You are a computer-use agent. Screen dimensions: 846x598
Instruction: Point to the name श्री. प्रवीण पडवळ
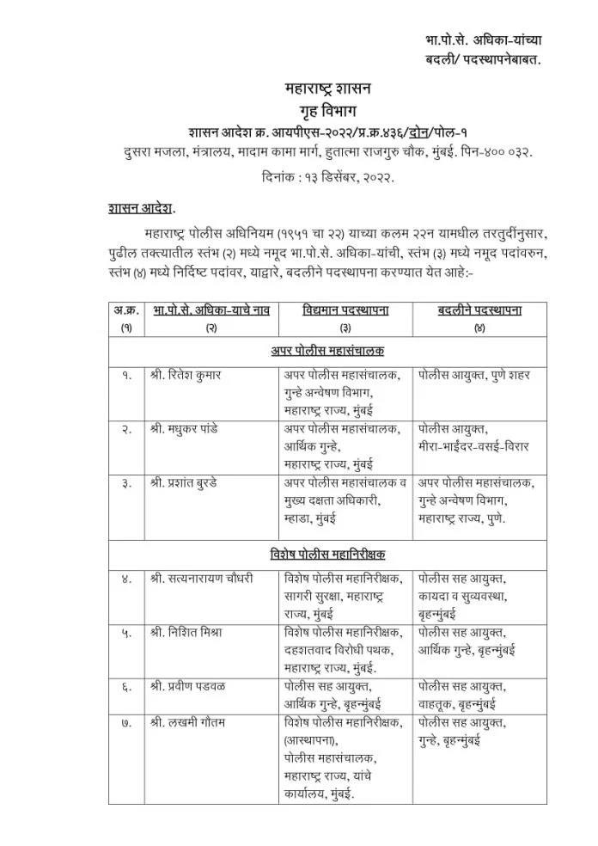point(189,686)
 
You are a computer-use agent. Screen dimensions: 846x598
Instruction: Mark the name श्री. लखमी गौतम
point(186,722)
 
